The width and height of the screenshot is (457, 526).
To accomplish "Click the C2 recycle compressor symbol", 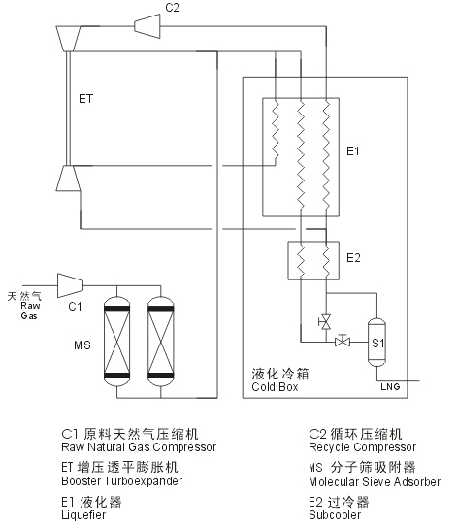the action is [x=147, y=26].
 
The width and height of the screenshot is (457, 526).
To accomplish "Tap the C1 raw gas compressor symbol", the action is [x=71, y=285].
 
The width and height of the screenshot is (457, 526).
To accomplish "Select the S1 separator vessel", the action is [x=376, y=343].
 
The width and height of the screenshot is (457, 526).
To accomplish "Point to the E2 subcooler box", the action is [x=313, y=260].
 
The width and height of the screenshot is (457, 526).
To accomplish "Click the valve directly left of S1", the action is [x=343, y=342].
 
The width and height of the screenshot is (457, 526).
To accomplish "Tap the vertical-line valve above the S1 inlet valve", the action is [x=325, y=322].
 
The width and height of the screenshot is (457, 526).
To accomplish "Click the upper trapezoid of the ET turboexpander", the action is [x=68, y=39].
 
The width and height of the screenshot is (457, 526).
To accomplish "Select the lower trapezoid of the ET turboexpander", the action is [x=68, y=179].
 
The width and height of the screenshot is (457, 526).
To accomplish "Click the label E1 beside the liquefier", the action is [x=353, y=151].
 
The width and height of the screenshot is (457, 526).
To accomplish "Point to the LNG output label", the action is [x=390, y=387].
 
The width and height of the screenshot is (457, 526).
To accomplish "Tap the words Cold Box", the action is [x=275, y=387].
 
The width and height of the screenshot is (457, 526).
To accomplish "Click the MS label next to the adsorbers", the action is [x=82, y=345].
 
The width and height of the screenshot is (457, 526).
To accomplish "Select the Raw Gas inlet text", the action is [x=29, y=311].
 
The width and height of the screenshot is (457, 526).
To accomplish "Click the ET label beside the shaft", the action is [x=85, y=99].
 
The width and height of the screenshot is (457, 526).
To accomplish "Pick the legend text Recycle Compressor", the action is [x=363, y=447].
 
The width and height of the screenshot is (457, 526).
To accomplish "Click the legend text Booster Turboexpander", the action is [x=122, y=481].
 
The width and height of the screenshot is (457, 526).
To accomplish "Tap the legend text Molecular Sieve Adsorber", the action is [x=375, y=482].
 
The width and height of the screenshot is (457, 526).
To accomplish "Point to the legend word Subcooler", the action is [x=335, y=515].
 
